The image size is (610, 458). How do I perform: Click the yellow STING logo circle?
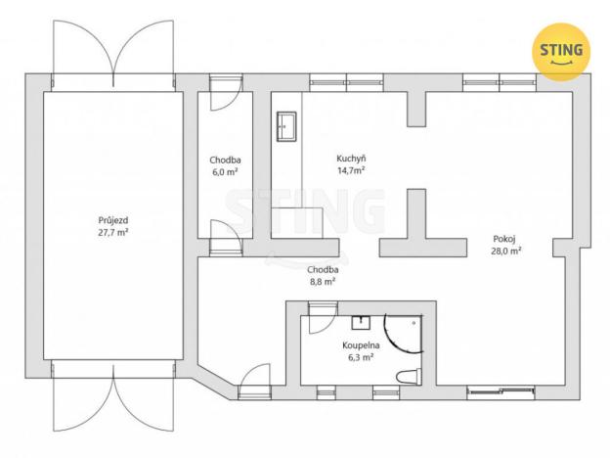click(x=561, y=48)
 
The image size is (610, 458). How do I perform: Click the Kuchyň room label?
click(x=351, y=158)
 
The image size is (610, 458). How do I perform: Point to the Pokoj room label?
click(x=505, y=238)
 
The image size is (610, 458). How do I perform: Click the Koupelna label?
click(x=360, y=345)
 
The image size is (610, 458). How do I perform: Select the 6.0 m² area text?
click(x=224, y=171)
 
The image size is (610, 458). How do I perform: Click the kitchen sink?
click(x=286, y=124)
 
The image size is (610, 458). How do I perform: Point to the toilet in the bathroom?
click(x=408, y=375)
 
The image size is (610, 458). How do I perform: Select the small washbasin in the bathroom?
click(x=359, y=322)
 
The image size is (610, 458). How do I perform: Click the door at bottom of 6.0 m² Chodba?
click(x=222, y=231)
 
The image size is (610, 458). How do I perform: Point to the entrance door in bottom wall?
click(x=254, y=379)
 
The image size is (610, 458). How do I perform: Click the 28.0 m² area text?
click(x=505, y=251)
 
